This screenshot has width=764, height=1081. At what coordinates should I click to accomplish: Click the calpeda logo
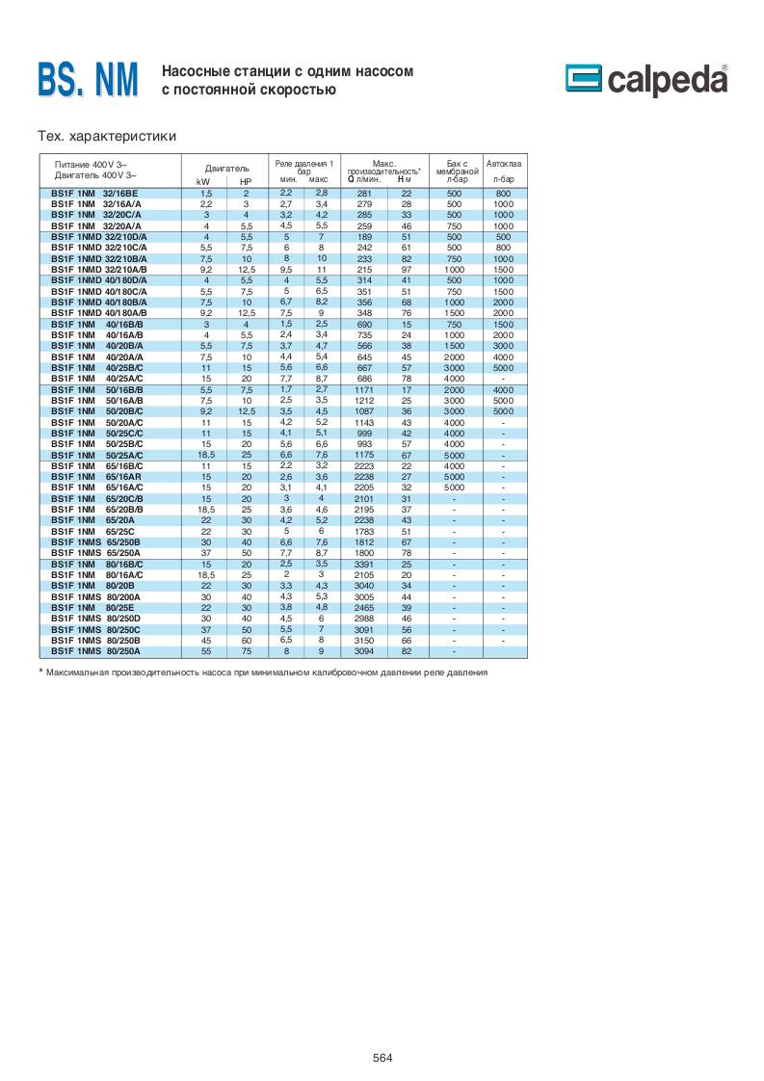pos(646,81)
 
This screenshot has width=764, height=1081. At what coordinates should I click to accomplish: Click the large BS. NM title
pos(88,80)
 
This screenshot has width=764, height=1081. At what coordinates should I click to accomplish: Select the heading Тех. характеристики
pos(106,136)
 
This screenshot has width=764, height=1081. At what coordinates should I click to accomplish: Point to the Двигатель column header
pos(227,168)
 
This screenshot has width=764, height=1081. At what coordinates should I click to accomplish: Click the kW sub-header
pos(203,181)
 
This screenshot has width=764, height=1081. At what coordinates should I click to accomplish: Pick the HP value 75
pos(246,650)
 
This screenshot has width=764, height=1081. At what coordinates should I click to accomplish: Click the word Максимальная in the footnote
pos(82,672)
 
